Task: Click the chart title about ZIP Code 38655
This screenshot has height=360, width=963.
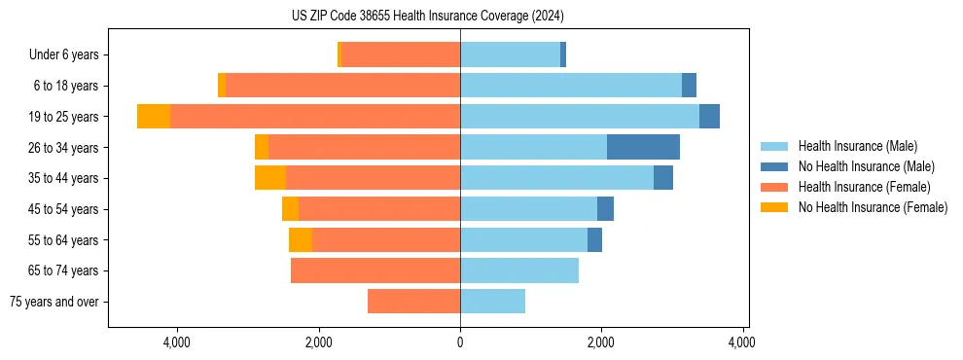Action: coord(427,17)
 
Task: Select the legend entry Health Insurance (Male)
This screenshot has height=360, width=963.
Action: coord(857,146)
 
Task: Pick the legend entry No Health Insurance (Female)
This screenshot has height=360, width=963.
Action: coord(873,207)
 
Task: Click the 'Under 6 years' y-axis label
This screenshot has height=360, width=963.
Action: coord(63,55)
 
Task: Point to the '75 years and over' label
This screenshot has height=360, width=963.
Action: coord(53,302)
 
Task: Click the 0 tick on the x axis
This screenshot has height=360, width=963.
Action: coord(460,342)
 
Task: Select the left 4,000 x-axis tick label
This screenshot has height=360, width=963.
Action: coord(177,342)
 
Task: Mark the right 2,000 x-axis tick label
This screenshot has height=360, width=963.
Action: coord(601,342)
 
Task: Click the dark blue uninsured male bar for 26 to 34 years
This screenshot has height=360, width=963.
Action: coord(643,147)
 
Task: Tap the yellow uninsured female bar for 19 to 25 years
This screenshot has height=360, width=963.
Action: coord(154,117)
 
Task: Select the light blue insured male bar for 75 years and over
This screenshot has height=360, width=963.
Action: coord(492,302)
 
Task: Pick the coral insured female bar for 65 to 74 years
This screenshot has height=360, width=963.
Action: coord(375,270)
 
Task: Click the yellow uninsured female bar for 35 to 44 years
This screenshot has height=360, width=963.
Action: coord(270,178)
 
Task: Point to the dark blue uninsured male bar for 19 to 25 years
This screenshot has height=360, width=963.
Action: coord(709,117)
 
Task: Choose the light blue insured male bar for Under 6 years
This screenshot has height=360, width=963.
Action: coord(510,55)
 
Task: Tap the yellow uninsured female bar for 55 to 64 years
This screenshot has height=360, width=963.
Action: coord(301,239)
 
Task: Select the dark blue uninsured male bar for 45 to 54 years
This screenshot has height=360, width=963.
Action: coord(605,209)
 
